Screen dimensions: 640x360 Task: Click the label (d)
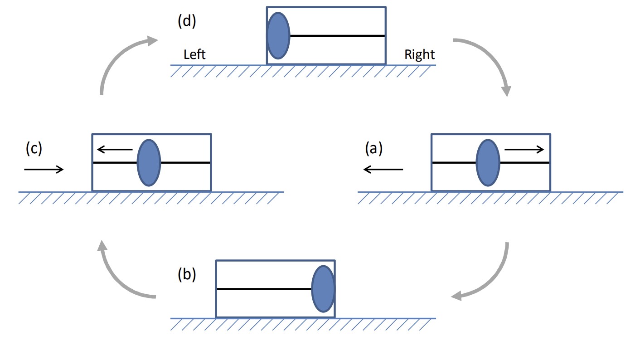187,21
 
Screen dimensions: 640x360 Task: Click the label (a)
374,149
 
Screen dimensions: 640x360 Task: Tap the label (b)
187,275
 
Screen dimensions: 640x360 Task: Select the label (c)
34,149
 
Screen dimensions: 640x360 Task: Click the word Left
194,54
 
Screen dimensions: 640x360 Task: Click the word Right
419,55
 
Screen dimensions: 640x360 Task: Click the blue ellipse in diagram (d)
278,36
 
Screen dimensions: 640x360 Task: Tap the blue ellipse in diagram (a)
488,163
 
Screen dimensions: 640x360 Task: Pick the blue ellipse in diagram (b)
323,289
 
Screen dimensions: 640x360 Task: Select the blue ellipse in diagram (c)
149,163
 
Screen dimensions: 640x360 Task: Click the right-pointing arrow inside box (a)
524,150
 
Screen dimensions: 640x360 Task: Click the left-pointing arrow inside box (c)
115,150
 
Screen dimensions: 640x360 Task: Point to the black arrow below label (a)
383,170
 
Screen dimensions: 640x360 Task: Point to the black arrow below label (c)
44,170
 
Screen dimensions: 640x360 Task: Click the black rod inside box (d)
337,36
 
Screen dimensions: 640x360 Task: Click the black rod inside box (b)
264,289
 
